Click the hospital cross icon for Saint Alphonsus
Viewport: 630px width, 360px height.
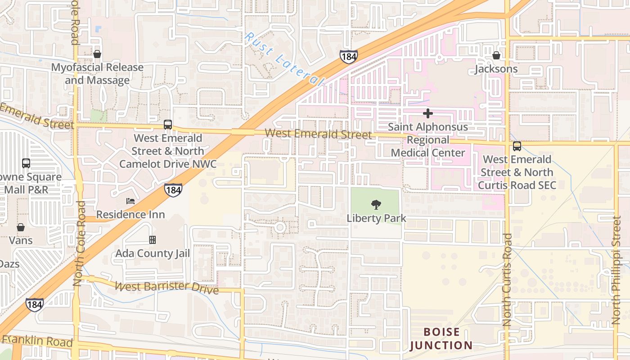click(x=427, y=113)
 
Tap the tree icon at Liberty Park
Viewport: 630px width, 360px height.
click(x=376, y=205)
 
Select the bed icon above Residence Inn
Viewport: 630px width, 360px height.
click(x=130, y=201)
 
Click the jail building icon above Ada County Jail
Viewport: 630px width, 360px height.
click(x=153, y=240)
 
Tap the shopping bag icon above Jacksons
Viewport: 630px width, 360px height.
click(x=496, y=55)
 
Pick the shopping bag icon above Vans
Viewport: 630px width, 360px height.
click(x=21, y=227)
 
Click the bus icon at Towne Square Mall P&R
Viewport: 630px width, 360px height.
click(x=26, y=163)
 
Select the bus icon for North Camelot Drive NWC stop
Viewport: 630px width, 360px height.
click(x=168, y=125)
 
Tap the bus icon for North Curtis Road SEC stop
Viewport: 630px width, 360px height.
click(x=517, y=146)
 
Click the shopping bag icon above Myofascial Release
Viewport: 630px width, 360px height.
click(x=97, y=54)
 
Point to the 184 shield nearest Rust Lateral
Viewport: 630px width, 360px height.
click(x=348, y=57)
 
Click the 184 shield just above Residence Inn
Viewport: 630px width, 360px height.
click(x=173, y=190)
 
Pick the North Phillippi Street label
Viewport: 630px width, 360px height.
click(x=616, y=270)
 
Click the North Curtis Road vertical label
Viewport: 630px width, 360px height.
click(x=507, y=280)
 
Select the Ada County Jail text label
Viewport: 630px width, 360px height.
click(x=153, y=253)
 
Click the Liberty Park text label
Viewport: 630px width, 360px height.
click(x=376, y=218)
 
